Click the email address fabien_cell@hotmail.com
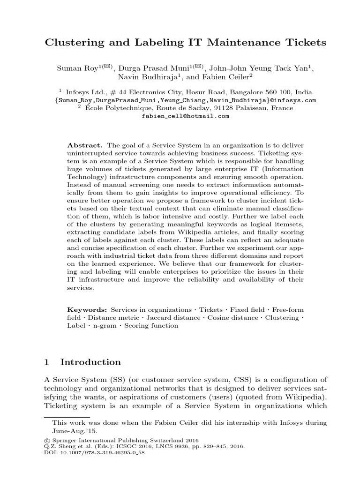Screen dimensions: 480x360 pyautogui.click(x=185, y=116)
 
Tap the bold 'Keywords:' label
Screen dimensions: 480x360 pyautogui.click(x=88, y=310)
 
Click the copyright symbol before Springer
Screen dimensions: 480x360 pyautogui.click(x=46, y=441)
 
